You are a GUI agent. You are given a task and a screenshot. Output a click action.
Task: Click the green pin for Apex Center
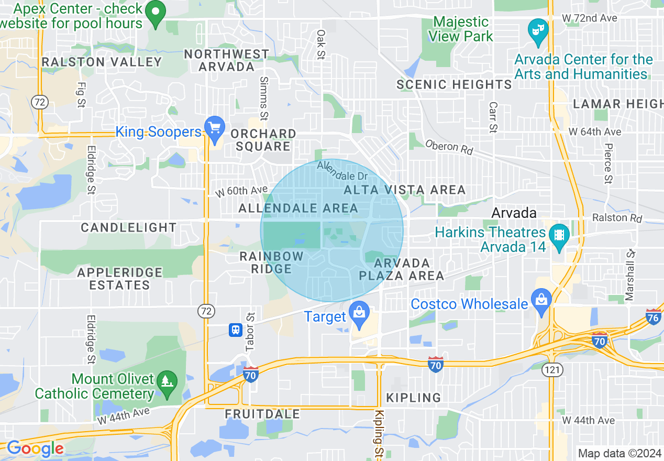click(155, 15)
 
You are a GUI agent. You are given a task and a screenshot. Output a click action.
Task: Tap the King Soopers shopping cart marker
click(215, 129)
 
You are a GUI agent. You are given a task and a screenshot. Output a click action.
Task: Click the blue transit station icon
click(236, 330)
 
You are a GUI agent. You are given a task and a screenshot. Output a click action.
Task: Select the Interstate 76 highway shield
click(653, 317)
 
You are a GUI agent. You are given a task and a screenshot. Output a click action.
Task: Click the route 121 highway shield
click(553, 370)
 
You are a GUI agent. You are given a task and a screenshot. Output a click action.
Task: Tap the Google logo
click(35, 449)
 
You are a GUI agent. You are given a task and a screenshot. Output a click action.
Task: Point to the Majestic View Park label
click(461, 29)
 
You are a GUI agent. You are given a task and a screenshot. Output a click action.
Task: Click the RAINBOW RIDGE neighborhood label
click(271, 262)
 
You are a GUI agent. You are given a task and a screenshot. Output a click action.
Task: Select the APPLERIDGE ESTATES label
click(120, 279)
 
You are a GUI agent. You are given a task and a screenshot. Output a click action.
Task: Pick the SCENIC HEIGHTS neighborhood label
click(454, 84)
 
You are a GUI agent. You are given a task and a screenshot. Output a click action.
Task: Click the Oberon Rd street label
click(449, 147)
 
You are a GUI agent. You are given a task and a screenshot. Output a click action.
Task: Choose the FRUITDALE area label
click(262, 414)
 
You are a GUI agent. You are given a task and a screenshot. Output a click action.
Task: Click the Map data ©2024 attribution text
click(618, 453)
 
